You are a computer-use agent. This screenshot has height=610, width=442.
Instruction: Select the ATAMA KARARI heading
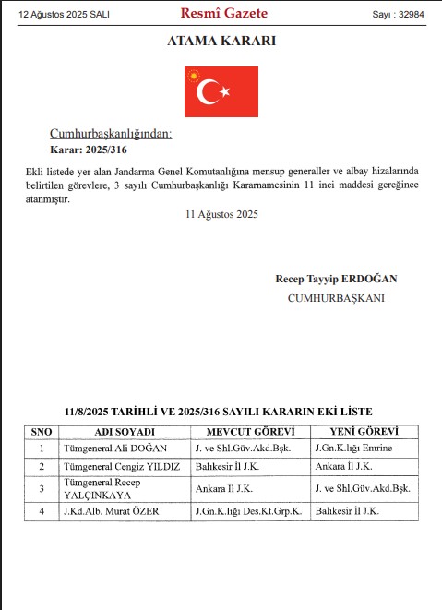coord(221,42)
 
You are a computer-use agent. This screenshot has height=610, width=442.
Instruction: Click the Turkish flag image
coord(221,90)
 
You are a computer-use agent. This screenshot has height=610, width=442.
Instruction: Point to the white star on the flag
coord(224,91)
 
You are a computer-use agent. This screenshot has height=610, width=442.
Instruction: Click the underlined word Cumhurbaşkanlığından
coord(111,134)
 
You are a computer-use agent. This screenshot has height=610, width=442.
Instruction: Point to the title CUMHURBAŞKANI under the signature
coord(337,298)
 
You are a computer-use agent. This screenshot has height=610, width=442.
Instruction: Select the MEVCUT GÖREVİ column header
coord(248,432)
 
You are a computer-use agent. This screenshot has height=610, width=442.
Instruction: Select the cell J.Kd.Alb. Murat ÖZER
coord(116,511)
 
